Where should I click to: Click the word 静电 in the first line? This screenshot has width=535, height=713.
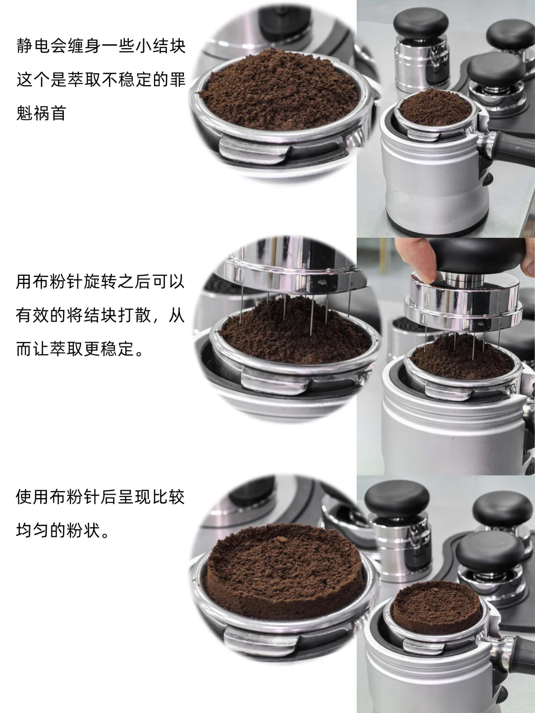tap(33, 46)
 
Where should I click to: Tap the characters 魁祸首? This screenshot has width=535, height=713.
tap(41, 113)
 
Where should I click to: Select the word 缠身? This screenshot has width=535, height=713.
tap(84, 46)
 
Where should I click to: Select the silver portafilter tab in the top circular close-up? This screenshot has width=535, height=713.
tap(250, 151)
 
